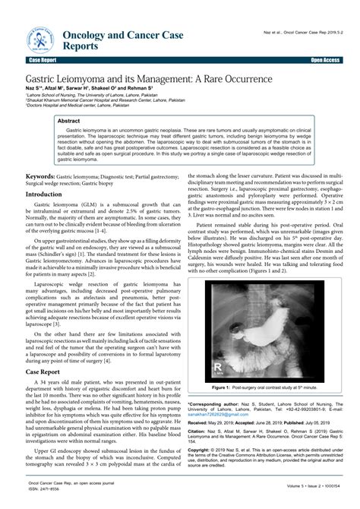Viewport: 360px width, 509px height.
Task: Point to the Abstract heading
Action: (69, 121)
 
